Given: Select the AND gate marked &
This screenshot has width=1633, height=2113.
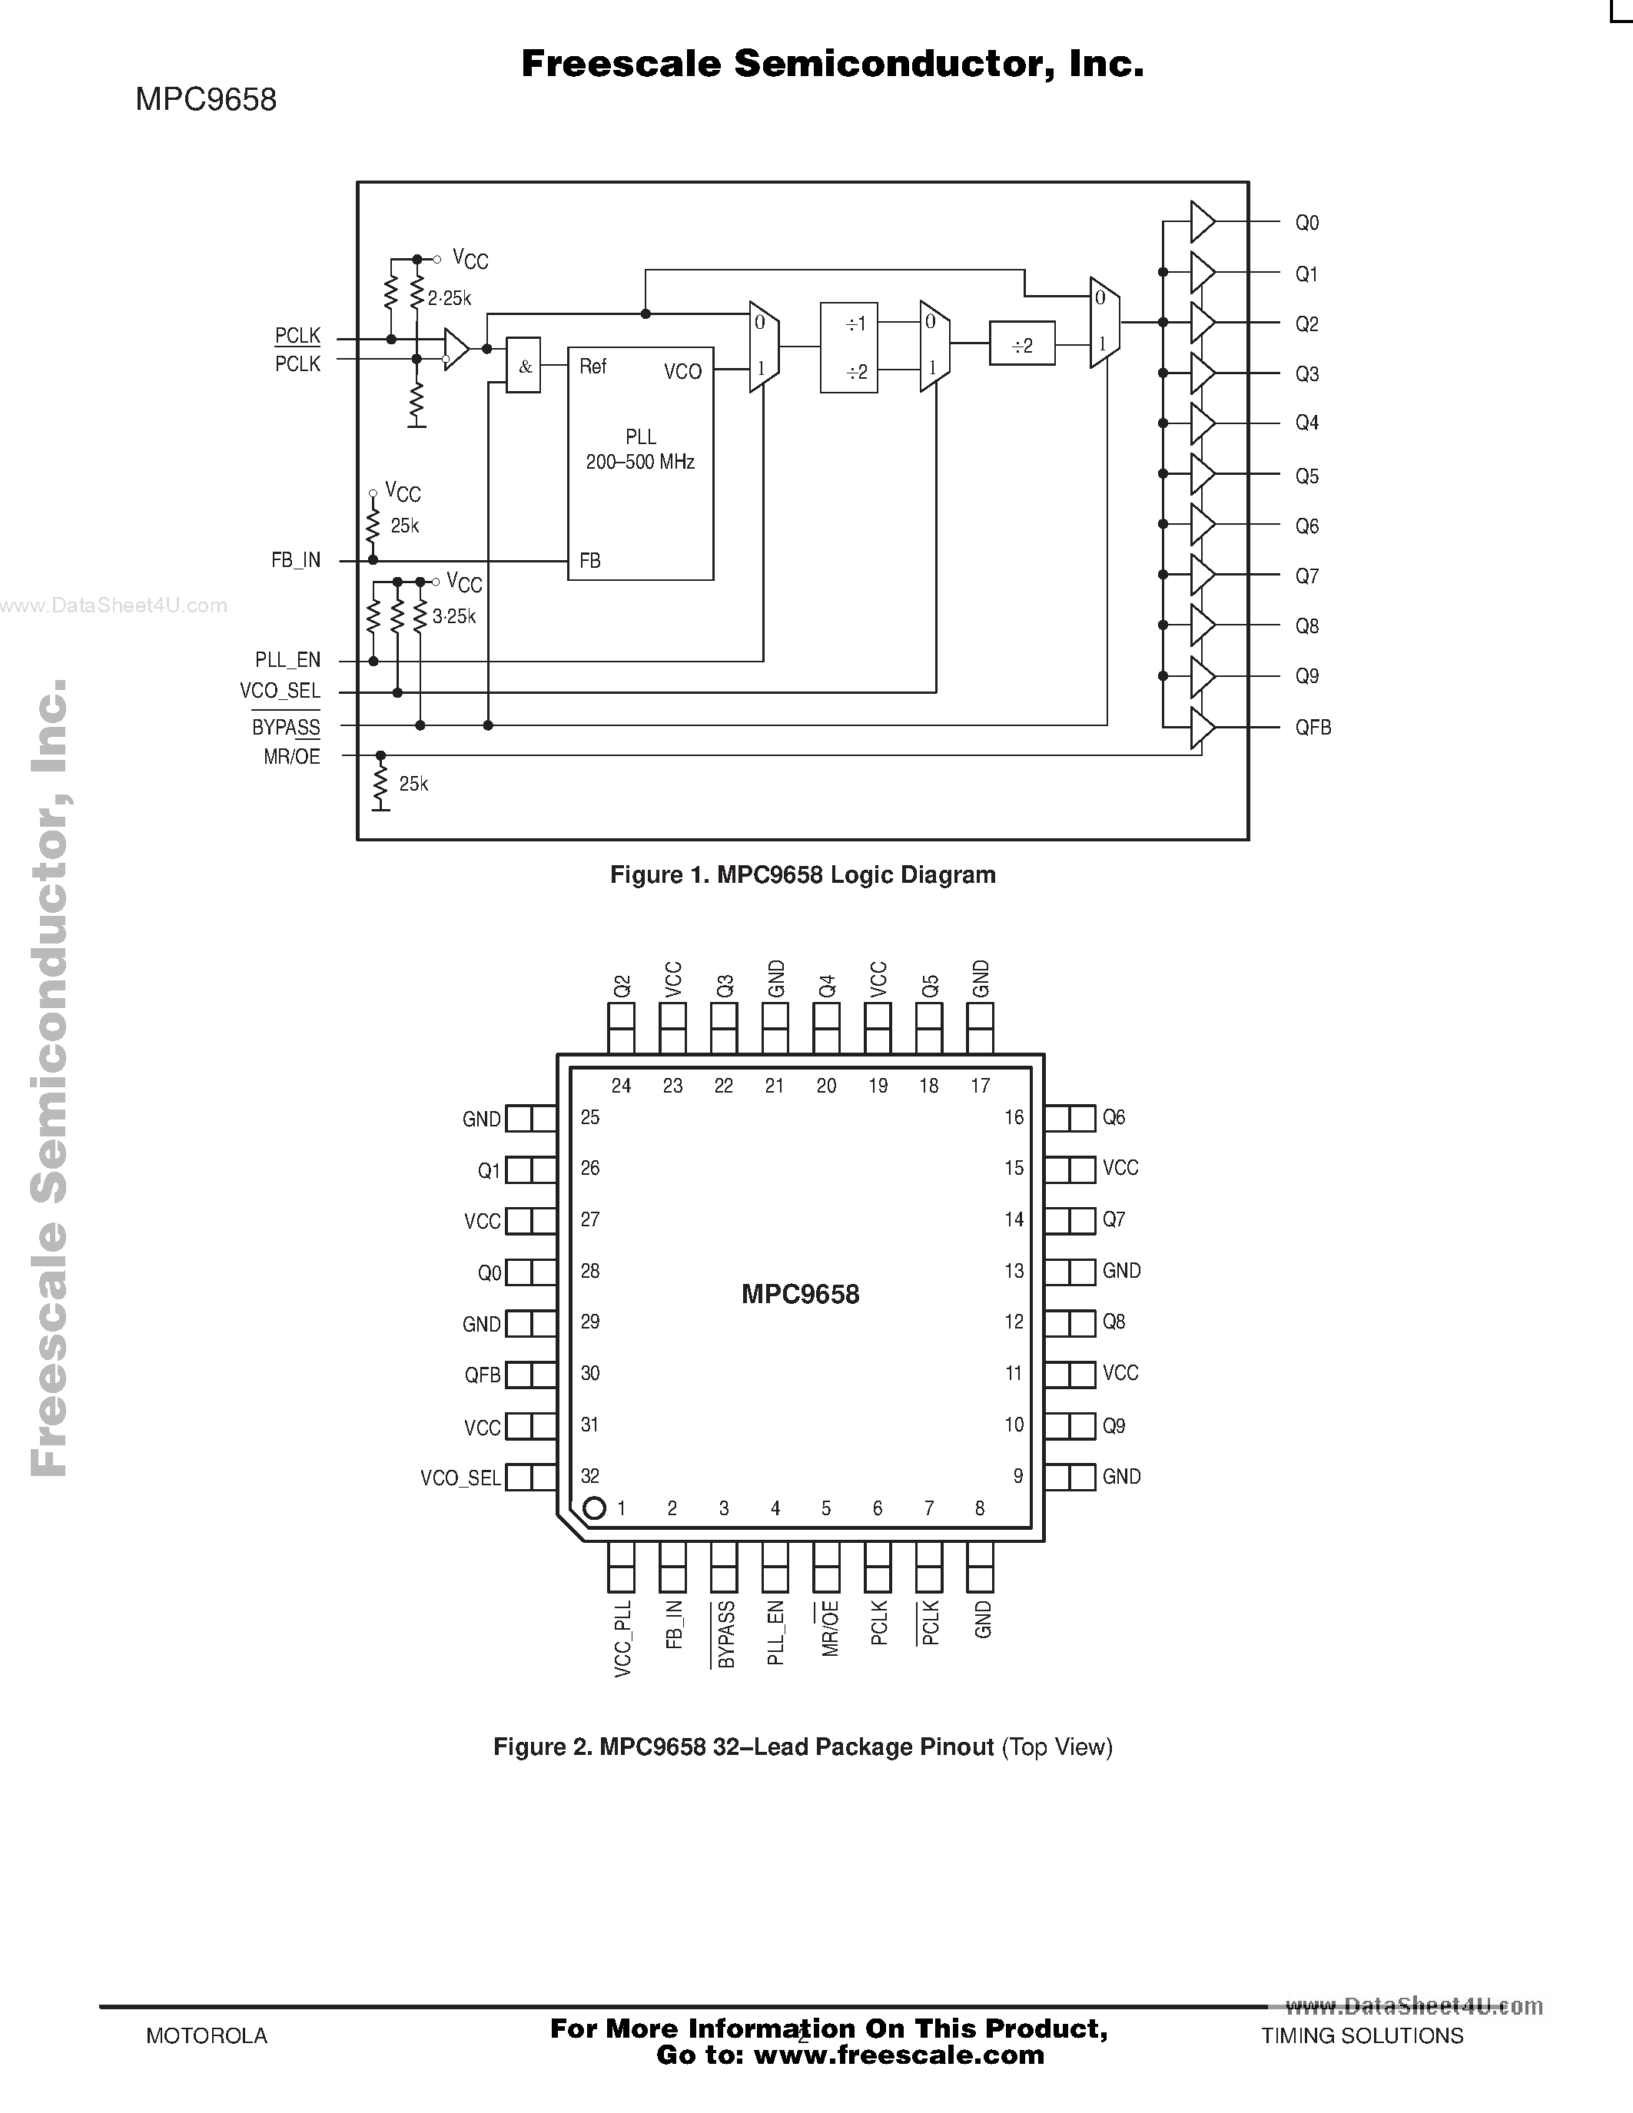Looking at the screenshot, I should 523,366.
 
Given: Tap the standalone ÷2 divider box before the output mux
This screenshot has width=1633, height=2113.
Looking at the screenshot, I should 1021,346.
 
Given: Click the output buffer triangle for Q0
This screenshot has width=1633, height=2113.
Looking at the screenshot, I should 1200,221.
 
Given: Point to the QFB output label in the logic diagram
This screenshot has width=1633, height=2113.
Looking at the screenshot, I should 1313,728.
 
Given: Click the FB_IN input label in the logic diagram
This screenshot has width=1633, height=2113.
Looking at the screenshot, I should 296,560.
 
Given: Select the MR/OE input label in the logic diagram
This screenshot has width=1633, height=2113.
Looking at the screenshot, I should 291,757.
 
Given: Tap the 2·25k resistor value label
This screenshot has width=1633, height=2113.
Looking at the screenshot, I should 449,299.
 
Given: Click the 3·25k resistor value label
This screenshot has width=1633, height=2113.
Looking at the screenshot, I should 453,616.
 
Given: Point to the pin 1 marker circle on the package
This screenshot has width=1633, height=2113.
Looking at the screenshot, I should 594,1508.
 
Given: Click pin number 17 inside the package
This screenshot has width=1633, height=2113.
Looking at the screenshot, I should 980,1086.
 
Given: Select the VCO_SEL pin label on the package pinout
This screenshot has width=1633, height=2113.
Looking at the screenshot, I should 460,1478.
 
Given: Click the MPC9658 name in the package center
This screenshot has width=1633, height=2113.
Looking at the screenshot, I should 800,1295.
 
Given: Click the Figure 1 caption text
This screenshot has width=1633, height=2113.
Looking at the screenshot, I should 802,874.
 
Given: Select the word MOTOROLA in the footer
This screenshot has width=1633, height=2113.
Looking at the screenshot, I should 206,2035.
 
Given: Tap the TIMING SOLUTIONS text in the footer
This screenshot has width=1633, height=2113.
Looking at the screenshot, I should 1361,2035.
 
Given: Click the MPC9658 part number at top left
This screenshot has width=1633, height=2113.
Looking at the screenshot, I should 206,98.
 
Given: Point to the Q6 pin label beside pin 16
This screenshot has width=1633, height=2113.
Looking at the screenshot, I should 1114,1117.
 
